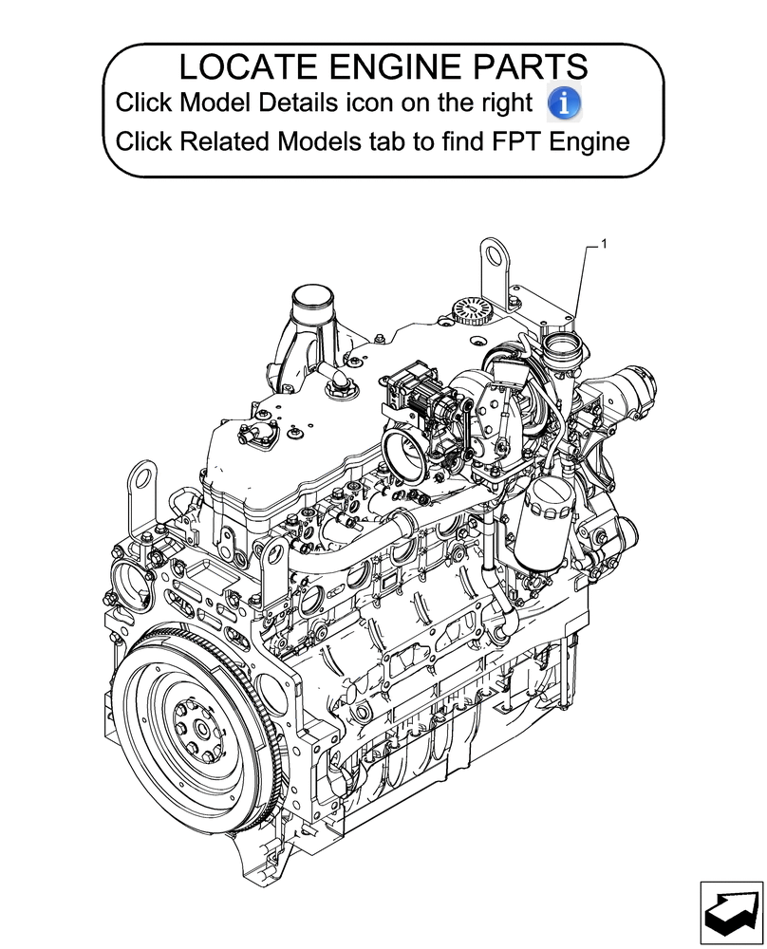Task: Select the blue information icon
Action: click(x=566, y=102)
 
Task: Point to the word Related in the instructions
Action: click(x=225, y=142)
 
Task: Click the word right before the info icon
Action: click(x=512, y=102)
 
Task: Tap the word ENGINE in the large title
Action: click(x=383, y=67)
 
